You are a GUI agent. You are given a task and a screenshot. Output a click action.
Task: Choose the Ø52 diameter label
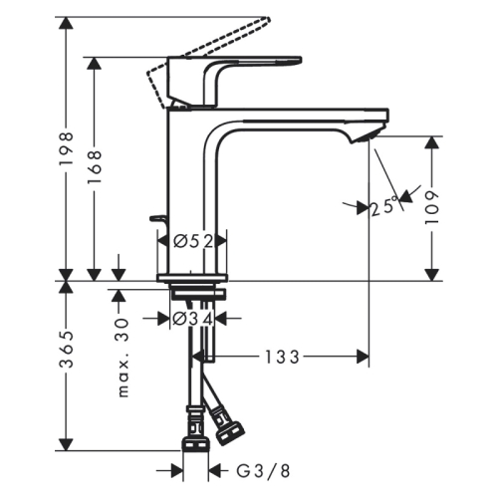coord(193,240)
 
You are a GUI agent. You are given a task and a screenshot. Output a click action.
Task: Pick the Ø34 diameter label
coord(193,319)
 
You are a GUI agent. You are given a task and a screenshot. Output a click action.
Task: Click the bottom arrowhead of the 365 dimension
coord(66,444)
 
